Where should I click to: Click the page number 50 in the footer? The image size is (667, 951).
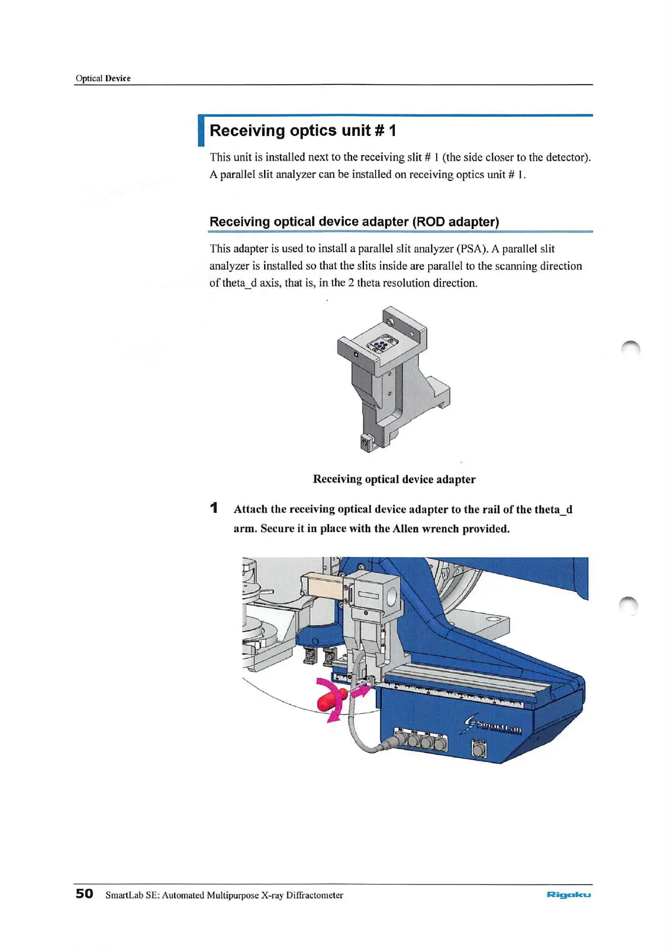tap(85, 894)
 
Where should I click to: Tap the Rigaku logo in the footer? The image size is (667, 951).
tap(568, 895)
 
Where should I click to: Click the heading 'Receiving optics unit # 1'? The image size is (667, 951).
tap(303, 131)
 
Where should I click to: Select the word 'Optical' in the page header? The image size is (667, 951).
tap(89, 78)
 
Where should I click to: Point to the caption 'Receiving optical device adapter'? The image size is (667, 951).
tap(394, 479)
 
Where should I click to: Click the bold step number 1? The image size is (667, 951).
tap(214, 508)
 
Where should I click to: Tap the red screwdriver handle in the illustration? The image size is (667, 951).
tap(326, 702)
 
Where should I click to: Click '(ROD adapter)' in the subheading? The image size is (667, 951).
tap(456, 222)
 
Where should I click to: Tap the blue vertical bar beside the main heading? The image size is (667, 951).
tap(201, 131)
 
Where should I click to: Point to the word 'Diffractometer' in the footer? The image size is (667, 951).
tap(314, 895)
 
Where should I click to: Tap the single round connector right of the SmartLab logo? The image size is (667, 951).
tap(478, 750)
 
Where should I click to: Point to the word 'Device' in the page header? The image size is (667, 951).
tap(118, 78)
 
